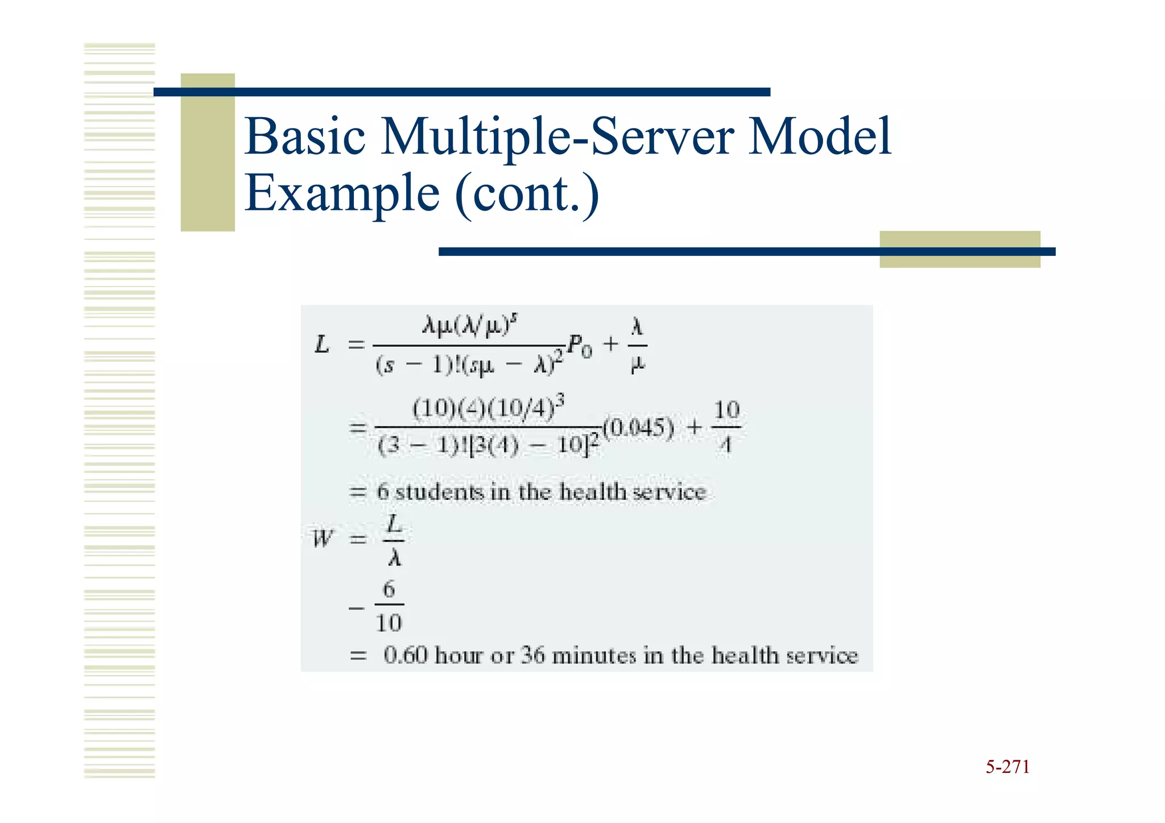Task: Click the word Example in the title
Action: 342,193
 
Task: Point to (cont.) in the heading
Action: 527,193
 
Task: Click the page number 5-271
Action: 1007,767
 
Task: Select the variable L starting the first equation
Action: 322,345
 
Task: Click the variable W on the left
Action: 322,538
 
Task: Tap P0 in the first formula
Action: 580,345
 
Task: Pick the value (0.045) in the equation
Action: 638,428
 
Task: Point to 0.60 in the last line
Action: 406,655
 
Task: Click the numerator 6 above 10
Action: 389,589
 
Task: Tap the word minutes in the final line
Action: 594,655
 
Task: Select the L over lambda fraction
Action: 394,540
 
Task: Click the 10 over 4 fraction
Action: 726,427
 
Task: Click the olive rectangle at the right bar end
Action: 960,249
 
